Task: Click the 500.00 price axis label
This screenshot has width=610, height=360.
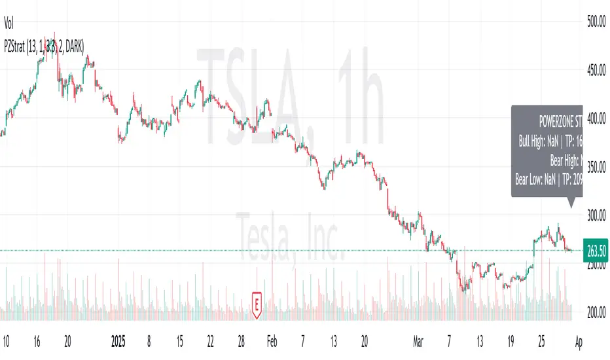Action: (595, 22)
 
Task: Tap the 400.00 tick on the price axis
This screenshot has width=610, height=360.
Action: (595, 118)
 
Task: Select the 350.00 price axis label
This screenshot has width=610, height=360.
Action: (595, 167)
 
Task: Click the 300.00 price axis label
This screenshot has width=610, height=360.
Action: (595, 215)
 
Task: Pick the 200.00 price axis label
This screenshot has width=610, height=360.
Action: (595, 313)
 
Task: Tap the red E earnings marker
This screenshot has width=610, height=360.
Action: (258, 304)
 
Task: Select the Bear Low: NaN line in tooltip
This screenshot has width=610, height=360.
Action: (548, 175)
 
